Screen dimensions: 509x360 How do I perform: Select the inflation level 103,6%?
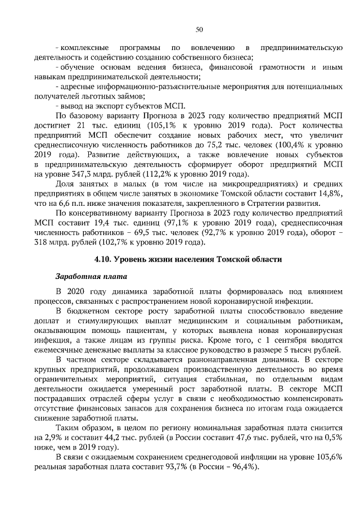(327, 457)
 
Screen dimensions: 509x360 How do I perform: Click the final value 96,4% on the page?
(240, 467)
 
